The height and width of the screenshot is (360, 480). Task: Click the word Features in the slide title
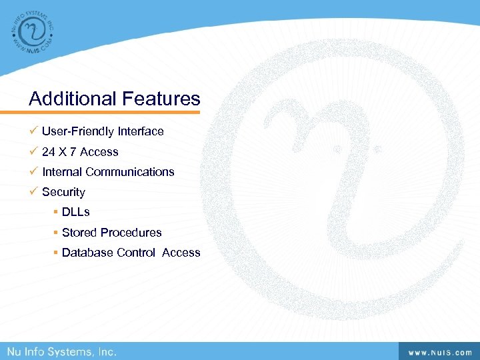click(161, 99)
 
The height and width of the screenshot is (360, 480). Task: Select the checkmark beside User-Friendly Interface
click(33, 131)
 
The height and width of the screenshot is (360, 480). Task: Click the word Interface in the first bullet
click(141, 131)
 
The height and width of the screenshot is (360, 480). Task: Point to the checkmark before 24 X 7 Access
click(33, 151)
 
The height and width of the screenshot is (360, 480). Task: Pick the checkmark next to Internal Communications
click(33, 171)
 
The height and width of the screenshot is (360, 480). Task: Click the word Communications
click(130, 172)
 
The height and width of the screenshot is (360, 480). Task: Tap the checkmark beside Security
click(33, 191)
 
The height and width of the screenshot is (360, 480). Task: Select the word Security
click(64, 192)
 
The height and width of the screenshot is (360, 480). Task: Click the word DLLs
click(76, 212)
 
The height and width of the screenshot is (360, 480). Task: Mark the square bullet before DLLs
click(56, 212)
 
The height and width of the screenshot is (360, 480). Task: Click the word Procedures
click(130, 233)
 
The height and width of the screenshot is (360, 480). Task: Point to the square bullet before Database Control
click(56, 253)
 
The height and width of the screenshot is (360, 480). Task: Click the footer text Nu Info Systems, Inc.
click(61, 351)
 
